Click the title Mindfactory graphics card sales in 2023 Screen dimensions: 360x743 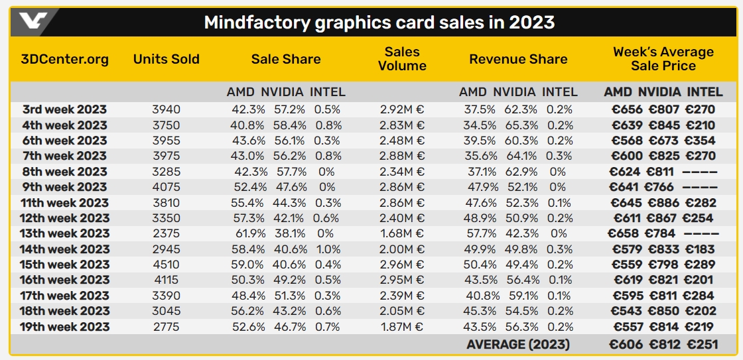click(379, 23)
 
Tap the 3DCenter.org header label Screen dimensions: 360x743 click(65, 59)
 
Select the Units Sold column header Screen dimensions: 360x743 click(166, 59)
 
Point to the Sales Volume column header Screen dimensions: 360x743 click(402, 59)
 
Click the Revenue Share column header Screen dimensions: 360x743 click(518, 59)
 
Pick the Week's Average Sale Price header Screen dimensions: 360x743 click(663, 59)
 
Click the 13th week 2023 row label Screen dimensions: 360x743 click(65, 233)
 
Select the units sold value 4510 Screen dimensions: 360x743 click(166, 265)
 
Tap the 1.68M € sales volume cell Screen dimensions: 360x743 click(402, 233)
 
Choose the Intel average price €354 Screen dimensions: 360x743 click(701, 140)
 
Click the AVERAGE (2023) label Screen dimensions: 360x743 click(518, 344)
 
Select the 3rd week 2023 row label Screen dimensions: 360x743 click(64, 109)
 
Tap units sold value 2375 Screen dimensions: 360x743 click(166, 233)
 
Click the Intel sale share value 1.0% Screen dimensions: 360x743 click(327, 249)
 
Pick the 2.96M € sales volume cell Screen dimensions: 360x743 click(402, 265)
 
